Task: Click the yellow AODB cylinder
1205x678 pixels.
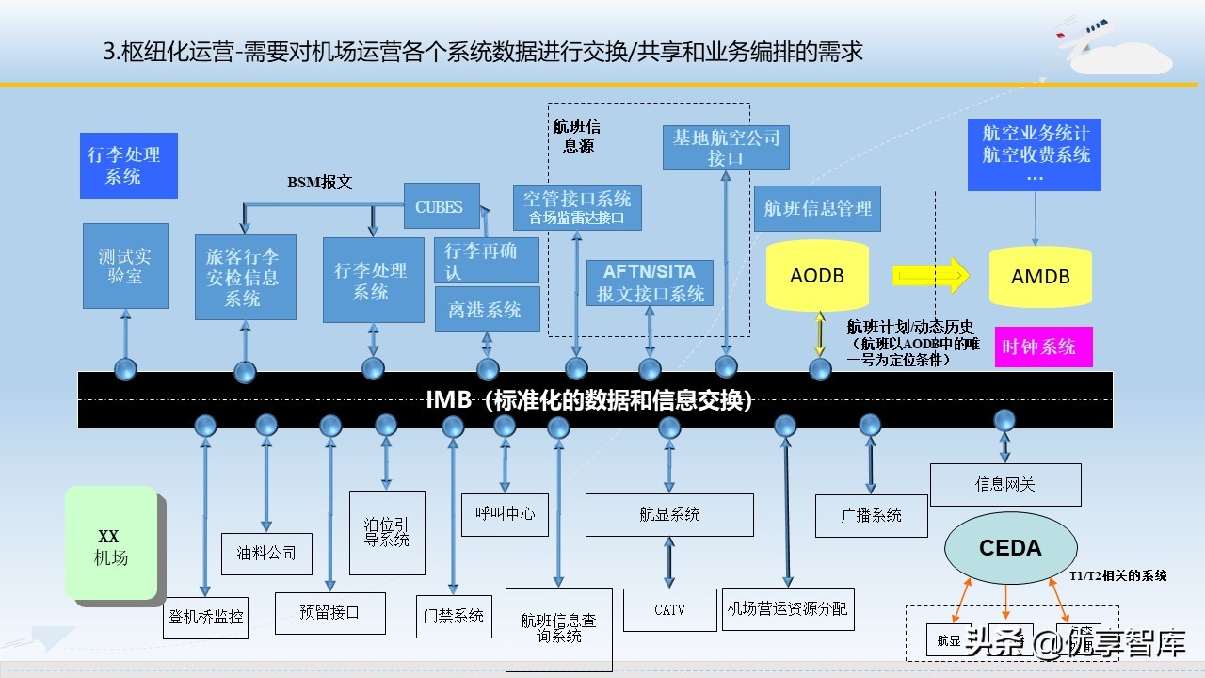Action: (x=817, y=276)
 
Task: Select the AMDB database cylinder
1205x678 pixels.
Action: (x=1040, y=277)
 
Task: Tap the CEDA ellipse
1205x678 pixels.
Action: (x=1010, y=548)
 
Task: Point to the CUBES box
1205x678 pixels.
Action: (x=439, y=207)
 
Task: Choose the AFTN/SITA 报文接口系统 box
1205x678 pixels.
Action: (x=650, y=282)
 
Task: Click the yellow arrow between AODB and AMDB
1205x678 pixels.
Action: (x=931, y=276)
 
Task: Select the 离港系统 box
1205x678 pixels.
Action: (x=487, y=310)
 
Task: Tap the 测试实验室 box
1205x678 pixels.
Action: (x=125, y=266)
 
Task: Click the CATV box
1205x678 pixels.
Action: (x=670, y=610)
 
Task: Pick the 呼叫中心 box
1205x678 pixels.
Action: (x=505, y=513)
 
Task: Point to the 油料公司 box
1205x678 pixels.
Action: (x=266, y=553)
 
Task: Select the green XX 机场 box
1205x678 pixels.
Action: (x=110, y=543)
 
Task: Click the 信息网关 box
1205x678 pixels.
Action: (x=1004, y=484)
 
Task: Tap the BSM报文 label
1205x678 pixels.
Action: (x=319, y=183)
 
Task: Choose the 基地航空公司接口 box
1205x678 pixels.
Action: (x=725, y=148)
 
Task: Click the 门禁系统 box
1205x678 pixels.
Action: (x=454, y=616)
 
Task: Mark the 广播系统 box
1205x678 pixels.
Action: (x=871, y=515)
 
